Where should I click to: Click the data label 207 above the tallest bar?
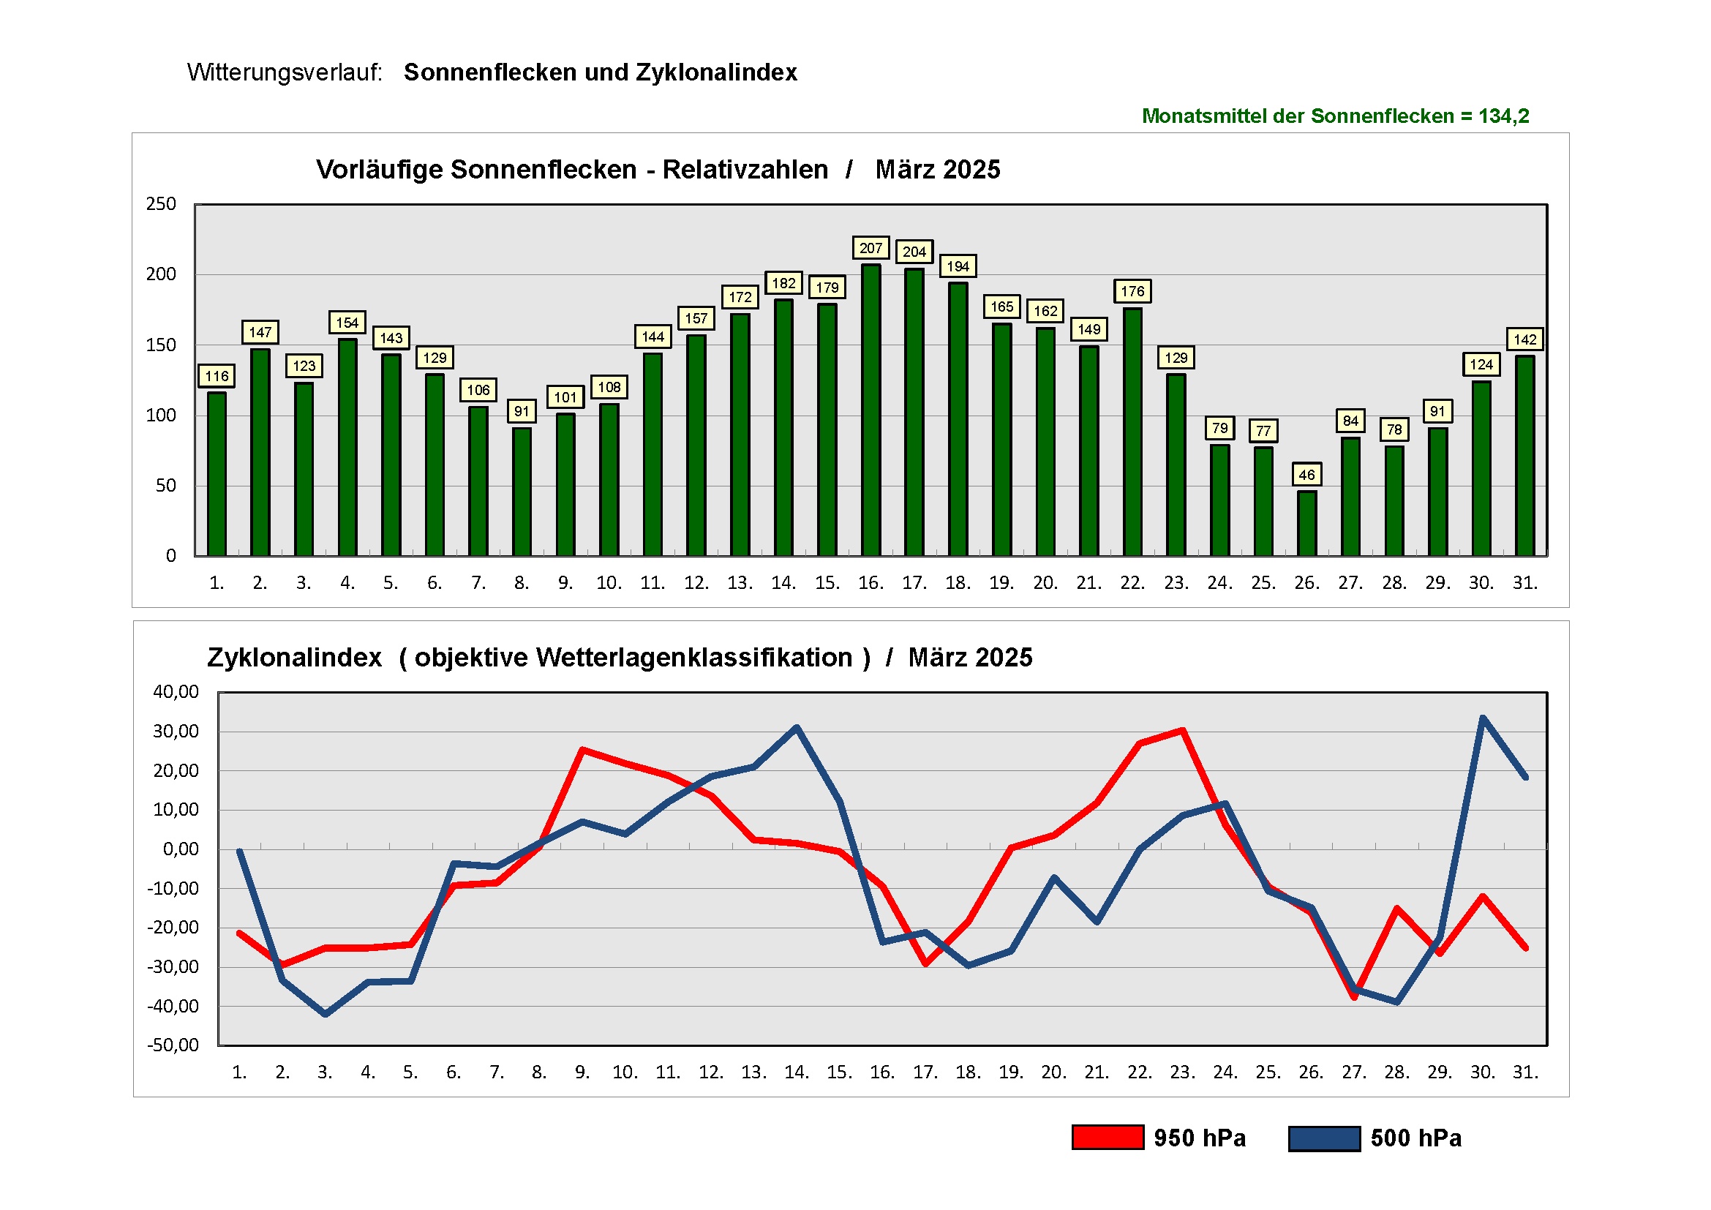(870, 248)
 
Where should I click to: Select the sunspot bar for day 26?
(1306, 523)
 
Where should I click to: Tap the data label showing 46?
(1306, 475)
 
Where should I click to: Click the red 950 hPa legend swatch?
(1108, 1138)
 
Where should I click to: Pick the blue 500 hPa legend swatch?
(1324, 1138)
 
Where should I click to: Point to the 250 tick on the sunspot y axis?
(161, 204)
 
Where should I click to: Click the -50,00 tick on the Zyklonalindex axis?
(173, 1045)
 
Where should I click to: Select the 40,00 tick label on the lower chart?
(176, 691)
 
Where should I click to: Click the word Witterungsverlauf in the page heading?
(284, 72)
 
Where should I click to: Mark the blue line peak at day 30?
(1482, 718)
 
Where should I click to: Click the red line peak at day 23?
(1183, 731)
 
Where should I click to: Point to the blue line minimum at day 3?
(326, 1014)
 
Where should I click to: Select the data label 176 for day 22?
(1132, 291)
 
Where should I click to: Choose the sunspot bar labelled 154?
(347, 447)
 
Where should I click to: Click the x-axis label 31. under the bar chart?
(1524, 582)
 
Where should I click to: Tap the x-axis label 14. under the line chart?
(796, 1072)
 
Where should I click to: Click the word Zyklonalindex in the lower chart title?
(294, 658)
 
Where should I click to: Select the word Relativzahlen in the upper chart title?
(745, 170)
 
